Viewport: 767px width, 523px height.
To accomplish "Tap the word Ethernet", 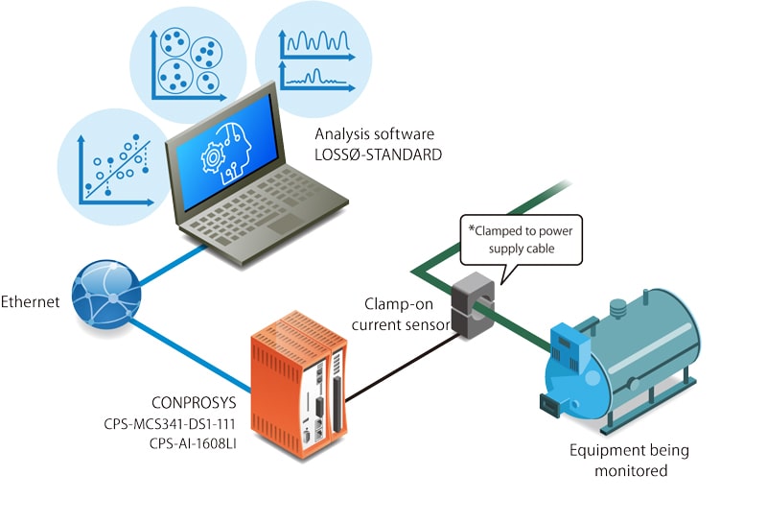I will coord(32,301).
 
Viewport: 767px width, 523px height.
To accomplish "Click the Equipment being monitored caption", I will coord(629,460).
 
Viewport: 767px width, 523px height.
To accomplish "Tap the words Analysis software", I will coord(373,133).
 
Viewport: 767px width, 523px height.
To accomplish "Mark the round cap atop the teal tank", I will coord(618,310).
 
